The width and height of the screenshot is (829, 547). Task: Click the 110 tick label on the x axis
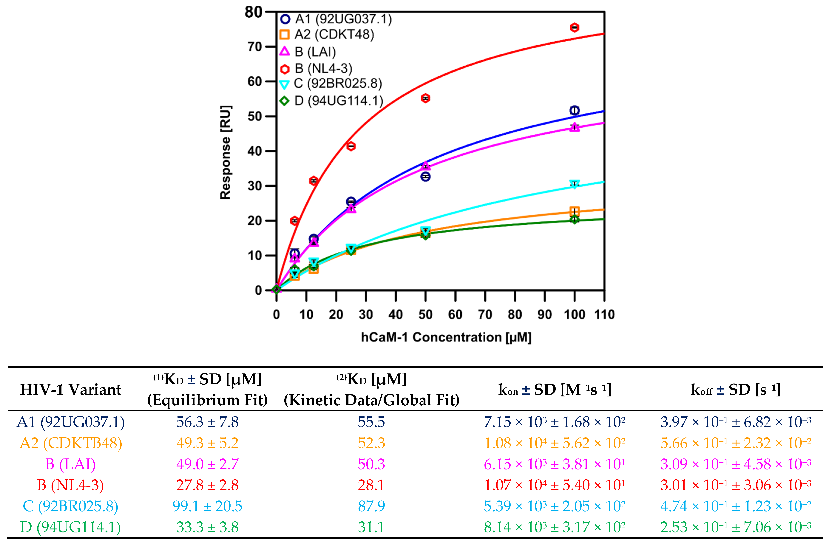pyautogui.click(x=604, y=315)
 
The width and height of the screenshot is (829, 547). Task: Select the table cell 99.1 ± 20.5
pyautogui.click(x=207, y=506)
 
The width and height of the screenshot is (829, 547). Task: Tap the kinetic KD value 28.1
pyautogui.click(x=371, y=485)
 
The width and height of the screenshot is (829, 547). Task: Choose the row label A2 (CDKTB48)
pyautogui.click(x=71, y=443)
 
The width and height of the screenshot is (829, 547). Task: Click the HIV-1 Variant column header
pyautogui.click(x=71, y=390)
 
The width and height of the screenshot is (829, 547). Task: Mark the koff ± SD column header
pyautogui.click(x=736, y=390)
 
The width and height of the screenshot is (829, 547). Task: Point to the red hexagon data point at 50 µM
pyautogui.click(x=425, y=98)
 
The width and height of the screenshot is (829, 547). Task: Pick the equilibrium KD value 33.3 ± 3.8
pyautogui.click(x=207, y=527)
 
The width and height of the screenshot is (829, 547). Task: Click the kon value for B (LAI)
pyautogui.click(x=554, y=464)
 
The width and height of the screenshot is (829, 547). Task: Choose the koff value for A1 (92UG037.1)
pyautogui.click(x=736, y=422)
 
